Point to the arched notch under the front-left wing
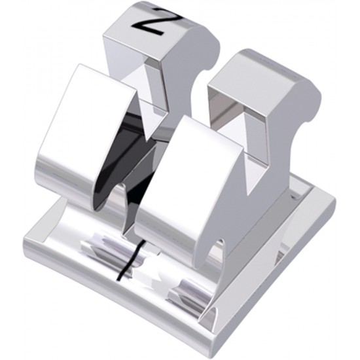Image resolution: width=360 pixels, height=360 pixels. [117, 196]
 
